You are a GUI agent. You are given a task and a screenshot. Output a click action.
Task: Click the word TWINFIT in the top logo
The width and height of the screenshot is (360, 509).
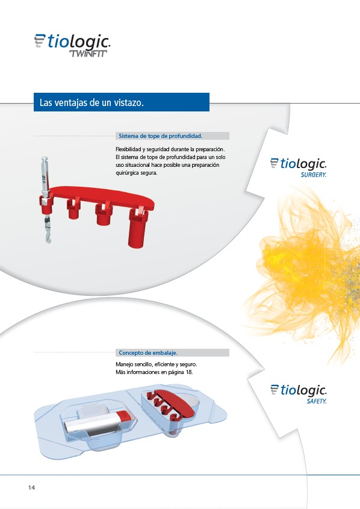pyautogui.click(x=88, y=54)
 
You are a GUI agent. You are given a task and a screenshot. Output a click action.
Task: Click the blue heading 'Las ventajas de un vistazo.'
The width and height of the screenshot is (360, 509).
pyautogui.click(x=92, y=102)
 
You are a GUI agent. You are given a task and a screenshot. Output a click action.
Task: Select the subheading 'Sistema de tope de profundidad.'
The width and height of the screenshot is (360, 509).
pyautogui.click(x=161, y=136)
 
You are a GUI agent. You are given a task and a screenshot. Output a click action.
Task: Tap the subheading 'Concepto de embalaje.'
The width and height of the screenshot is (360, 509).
pyautogui.click(x=148, y=352)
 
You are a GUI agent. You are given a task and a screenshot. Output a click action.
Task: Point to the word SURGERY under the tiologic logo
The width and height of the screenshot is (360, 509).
pyautogui.click(x=313, y=175)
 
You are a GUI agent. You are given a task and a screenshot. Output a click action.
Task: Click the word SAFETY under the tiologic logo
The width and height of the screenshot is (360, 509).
pyautogui.click(x=317, y=401)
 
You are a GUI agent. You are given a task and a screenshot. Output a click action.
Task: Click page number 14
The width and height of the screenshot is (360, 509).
pyautogui.click(x=31, y=487)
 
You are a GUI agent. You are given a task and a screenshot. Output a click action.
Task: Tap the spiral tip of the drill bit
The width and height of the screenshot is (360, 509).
pyautogui.click(x=48, y=240)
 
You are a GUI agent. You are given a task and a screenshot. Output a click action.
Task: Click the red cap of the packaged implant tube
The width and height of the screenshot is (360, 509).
pyautogui.click(x=123, y=416)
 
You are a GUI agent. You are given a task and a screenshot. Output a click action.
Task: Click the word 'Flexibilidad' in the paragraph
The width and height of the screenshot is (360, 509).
pyautogui.click(x=128, y=149)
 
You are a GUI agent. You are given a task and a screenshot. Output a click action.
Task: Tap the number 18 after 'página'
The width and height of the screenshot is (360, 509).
pyautogui.click(x=189, y=372)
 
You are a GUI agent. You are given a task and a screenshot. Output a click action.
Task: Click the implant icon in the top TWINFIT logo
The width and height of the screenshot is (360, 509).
pyautogui.click(x=40, y=40)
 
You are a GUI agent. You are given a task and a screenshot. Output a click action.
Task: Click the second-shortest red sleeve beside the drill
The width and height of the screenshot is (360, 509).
pyautogui.click(x=104, y=214)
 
